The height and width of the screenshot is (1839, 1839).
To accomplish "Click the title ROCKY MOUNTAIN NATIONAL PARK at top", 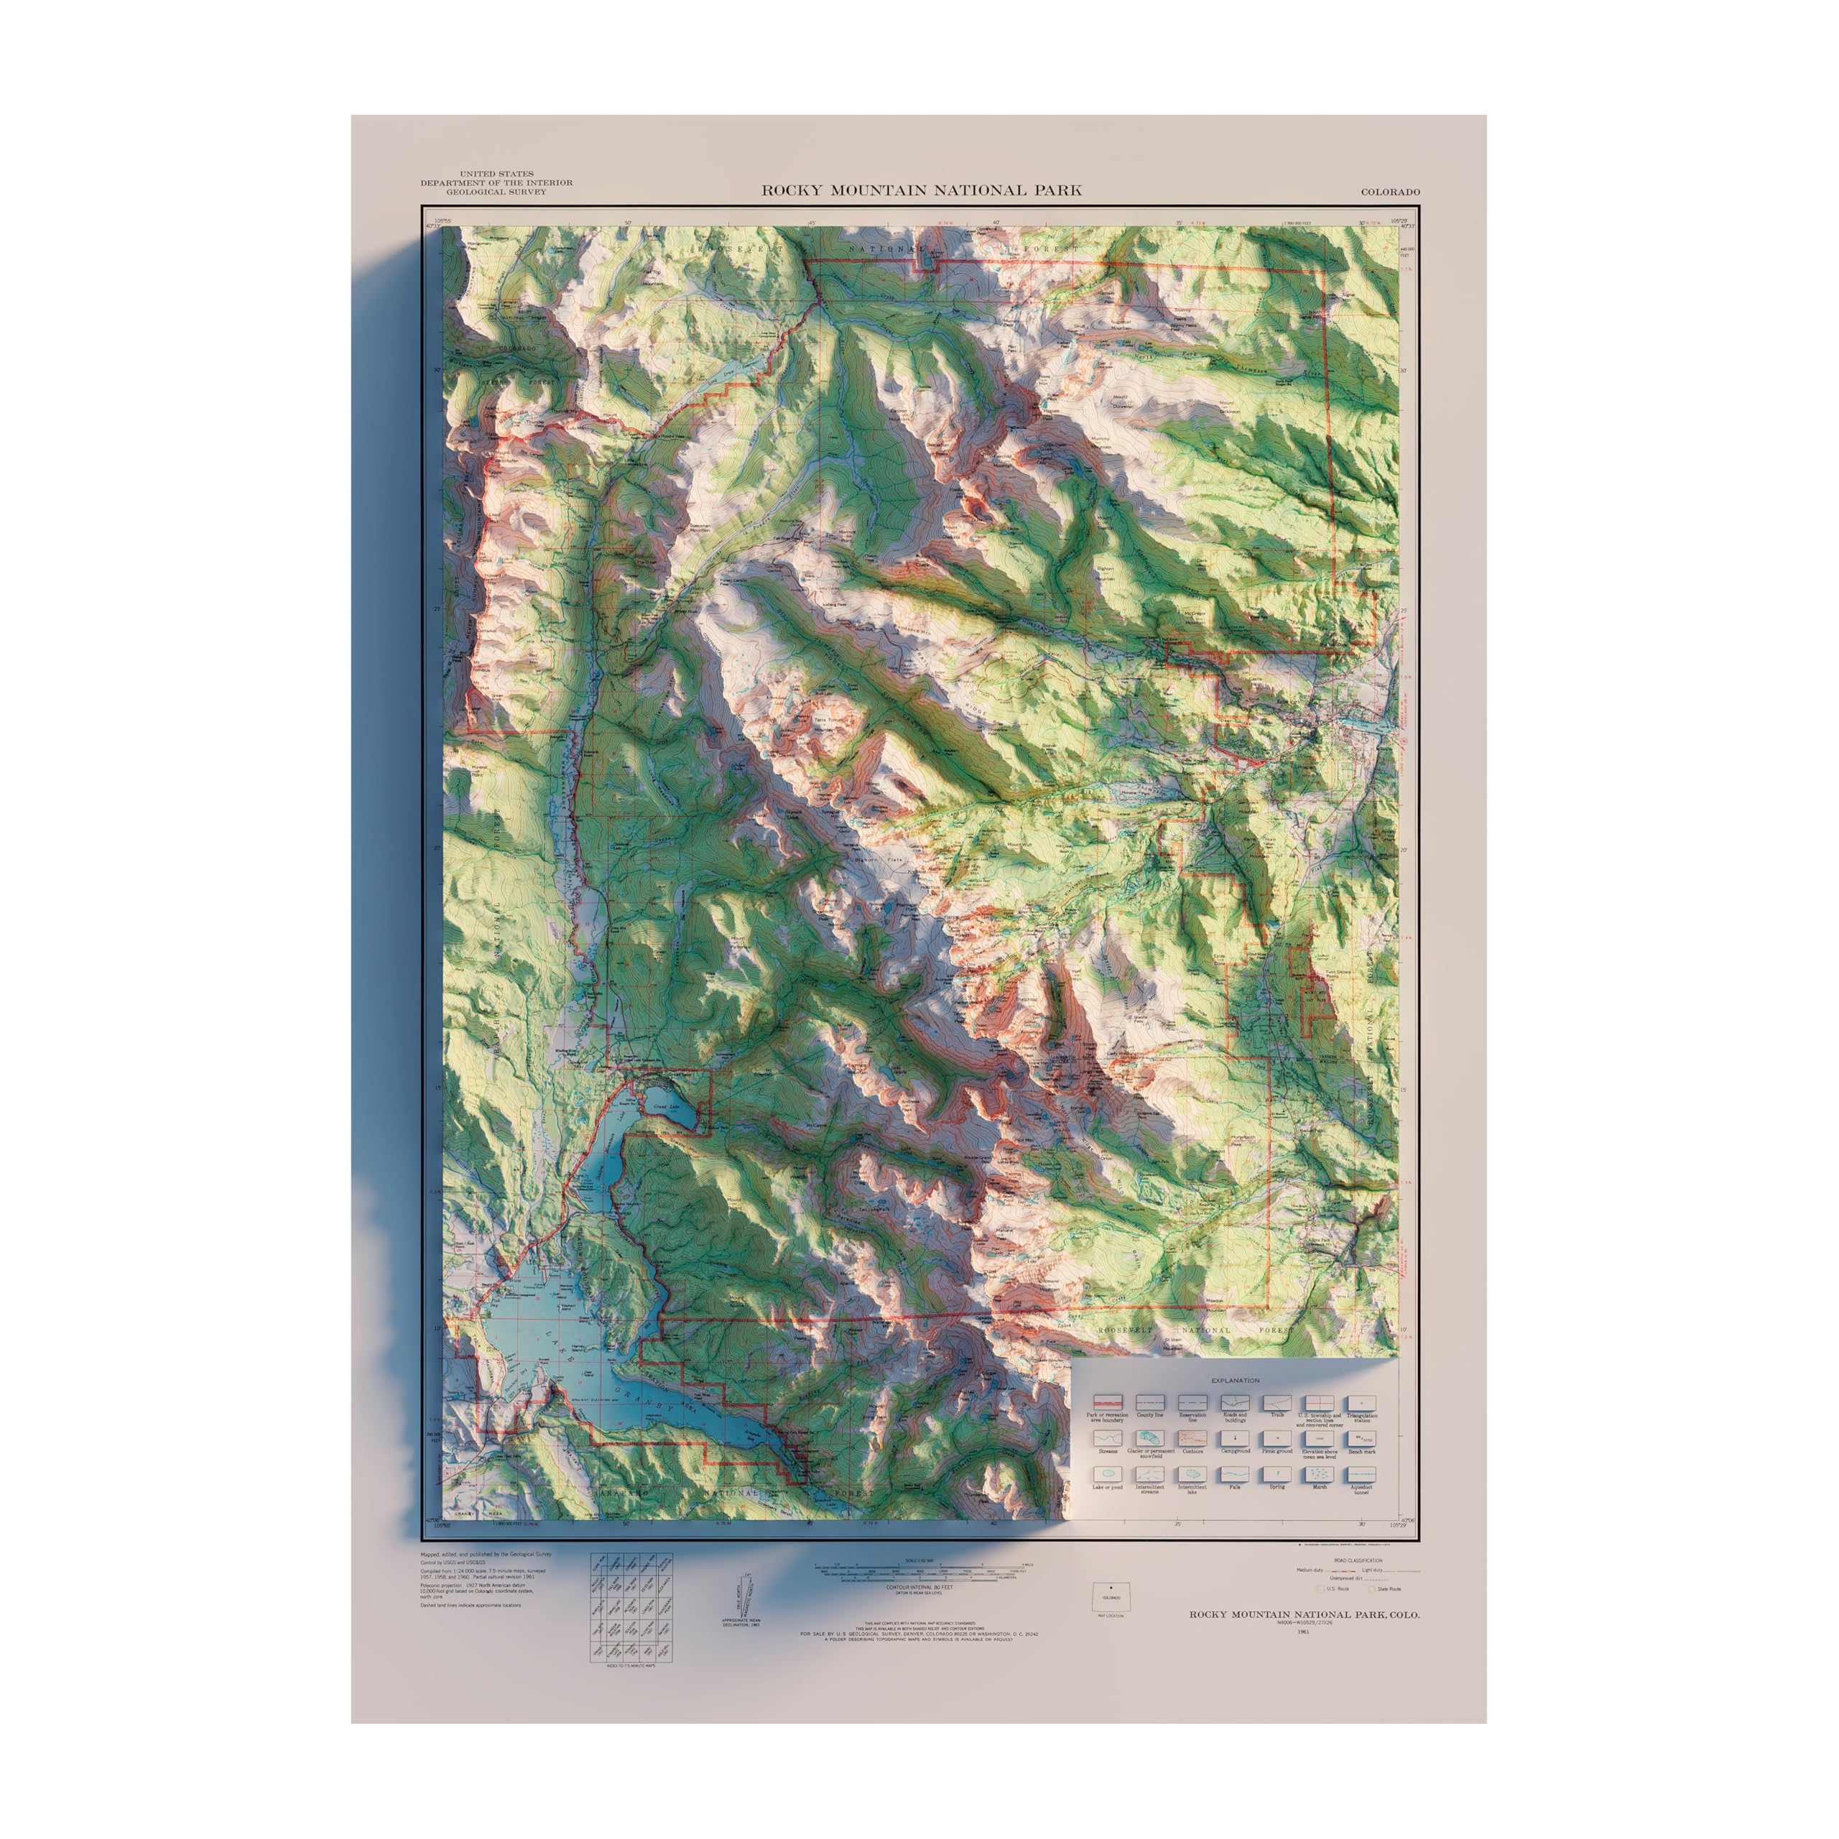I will (920, 190).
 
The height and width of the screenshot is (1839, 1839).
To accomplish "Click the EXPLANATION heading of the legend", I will (1235, 1379).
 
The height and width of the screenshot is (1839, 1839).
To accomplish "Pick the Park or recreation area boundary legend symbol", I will (1107, 1403).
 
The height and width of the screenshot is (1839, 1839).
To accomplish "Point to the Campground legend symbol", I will (1235, 1438).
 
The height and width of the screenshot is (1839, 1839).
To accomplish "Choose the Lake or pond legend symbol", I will (1107, 1475).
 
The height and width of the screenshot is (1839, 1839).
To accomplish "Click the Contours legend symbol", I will (1192, 1438).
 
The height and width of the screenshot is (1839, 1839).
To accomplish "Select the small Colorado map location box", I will (1107, 1597).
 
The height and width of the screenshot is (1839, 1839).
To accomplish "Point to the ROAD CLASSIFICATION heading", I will (1358, 1561).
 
